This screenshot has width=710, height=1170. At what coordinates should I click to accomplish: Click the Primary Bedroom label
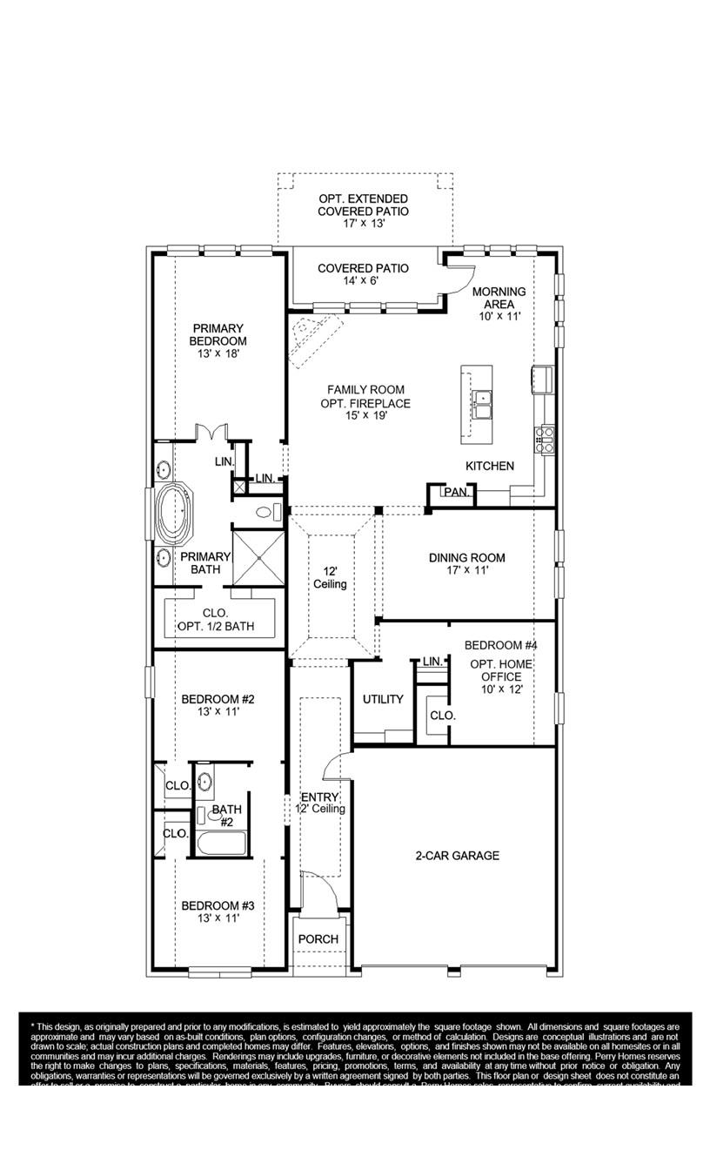tap(218, 341)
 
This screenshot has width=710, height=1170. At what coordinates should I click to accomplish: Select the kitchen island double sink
tap(482, 400)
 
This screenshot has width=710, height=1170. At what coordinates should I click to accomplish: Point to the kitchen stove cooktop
tap(546, 437)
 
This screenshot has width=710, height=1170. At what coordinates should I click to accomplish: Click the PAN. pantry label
tap(455, 493)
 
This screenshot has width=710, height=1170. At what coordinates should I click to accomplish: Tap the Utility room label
tap(383, 699)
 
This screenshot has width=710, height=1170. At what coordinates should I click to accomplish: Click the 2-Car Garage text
tap(457, 856)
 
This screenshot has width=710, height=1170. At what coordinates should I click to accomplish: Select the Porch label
tap(318, 939)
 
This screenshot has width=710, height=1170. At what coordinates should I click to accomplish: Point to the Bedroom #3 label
tap(218, 911)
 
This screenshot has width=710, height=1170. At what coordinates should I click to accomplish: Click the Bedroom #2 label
tap(218, 705)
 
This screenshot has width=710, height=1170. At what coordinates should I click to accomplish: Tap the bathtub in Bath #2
tap(221, 843)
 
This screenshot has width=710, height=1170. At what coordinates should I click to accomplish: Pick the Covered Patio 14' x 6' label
tap(363, 274)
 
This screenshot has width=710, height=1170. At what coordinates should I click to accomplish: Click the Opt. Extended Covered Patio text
tap(363, 211)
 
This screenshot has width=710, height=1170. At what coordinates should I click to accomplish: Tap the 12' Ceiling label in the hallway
tap(330, 578)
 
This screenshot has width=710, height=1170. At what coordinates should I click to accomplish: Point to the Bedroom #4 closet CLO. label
tap(442, 716)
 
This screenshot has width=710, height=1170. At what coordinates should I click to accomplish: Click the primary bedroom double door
tap(211, 432)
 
